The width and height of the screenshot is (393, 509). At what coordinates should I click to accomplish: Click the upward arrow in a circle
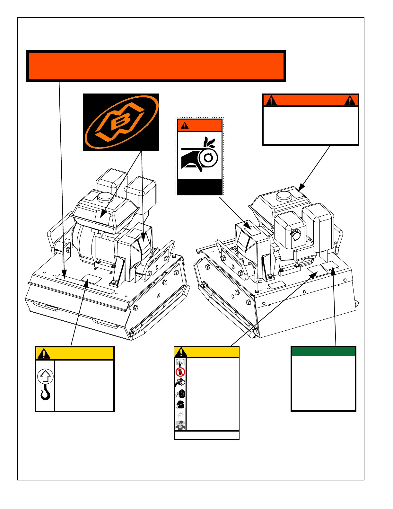[45, 376]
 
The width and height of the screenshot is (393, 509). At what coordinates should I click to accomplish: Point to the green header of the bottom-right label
[323, 352]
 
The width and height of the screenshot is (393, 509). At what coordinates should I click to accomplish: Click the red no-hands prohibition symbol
[180, 372]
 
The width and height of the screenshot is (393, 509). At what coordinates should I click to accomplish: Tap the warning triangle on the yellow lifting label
[43, 353]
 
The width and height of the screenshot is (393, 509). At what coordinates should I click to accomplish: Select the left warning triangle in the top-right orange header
[271, 100]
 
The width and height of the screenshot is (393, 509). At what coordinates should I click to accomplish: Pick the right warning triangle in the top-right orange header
[350, 100]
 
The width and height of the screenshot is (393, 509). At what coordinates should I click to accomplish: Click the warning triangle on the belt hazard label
[185, 125]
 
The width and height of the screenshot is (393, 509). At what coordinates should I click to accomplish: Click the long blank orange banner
[156, 66]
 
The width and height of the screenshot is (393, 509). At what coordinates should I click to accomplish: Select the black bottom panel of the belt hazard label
[199, 187]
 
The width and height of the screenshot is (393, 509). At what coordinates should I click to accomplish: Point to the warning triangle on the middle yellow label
[181, 352]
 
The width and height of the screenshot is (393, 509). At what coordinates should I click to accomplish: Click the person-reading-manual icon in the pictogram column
[180, 362]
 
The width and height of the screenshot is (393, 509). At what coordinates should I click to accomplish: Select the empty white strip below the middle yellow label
[206, 435]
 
